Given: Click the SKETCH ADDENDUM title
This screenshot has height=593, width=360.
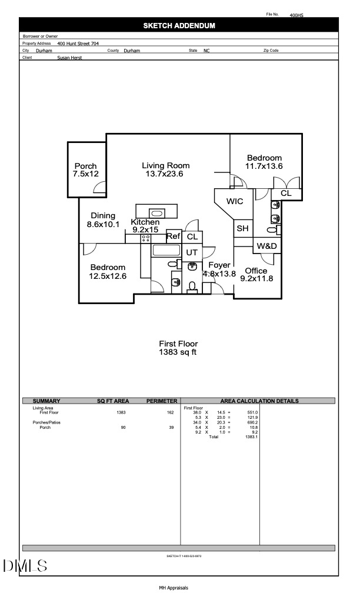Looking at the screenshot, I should click(179, 25).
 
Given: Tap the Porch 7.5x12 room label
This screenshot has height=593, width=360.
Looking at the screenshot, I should click(85, 170).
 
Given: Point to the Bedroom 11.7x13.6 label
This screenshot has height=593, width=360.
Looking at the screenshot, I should click(264, 162).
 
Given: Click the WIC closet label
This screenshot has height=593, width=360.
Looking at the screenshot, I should click(235, 201).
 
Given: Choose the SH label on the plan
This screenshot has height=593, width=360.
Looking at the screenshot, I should click(242, 228).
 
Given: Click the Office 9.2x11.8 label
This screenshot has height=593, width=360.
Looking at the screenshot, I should click(256, 275).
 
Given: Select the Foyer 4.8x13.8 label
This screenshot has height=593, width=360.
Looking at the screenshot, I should click(219, 269).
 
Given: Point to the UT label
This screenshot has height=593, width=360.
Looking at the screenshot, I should click(192, 252).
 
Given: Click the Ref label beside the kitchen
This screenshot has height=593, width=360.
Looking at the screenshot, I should click(173, 236).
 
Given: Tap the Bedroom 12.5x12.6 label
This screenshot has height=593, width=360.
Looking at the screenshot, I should click(108, 271).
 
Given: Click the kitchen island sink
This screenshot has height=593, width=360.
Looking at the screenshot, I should click(157, 213).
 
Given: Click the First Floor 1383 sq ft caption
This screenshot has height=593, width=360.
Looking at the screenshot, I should click(179, 348).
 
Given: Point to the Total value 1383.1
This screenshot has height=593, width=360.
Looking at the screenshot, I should click(252, 437).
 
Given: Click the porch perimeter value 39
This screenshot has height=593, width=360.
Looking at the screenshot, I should click(171, 427).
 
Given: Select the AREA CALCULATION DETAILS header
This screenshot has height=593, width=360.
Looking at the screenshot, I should click(259, 401).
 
